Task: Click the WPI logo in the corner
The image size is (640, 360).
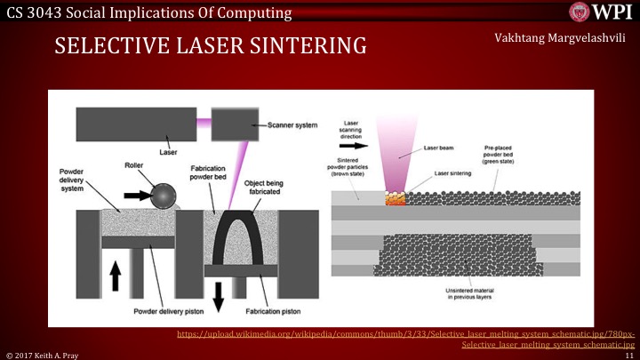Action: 602,12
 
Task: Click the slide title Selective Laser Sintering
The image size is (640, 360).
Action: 211,45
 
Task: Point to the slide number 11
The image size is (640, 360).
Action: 628,354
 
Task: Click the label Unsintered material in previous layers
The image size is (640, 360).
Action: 481,294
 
